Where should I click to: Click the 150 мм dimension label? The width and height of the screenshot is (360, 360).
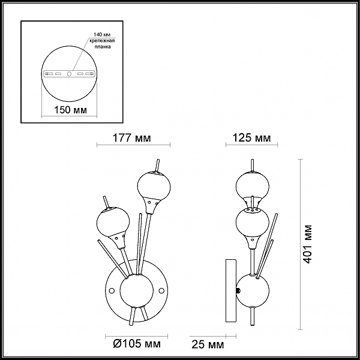(x=70, y=110)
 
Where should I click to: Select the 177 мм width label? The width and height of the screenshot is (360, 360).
(x=132, y=138)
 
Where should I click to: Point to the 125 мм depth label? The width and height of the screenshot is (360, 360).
(x=251, y=138)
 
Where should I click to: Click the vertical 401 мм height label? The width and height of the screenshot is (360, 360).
(x=308, y=244)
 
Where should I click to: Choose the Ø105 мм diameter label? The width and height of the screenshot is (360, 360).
(x=137, y=344)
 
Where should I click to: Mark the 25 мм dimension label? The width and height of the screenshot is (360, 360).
(x=208, y=345)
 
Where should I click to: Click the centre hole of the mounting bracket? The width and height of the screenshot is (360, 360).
(x=69, y=74)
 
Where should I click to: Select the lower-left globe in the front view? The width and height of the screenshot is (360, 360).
(x=113, y=223)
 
